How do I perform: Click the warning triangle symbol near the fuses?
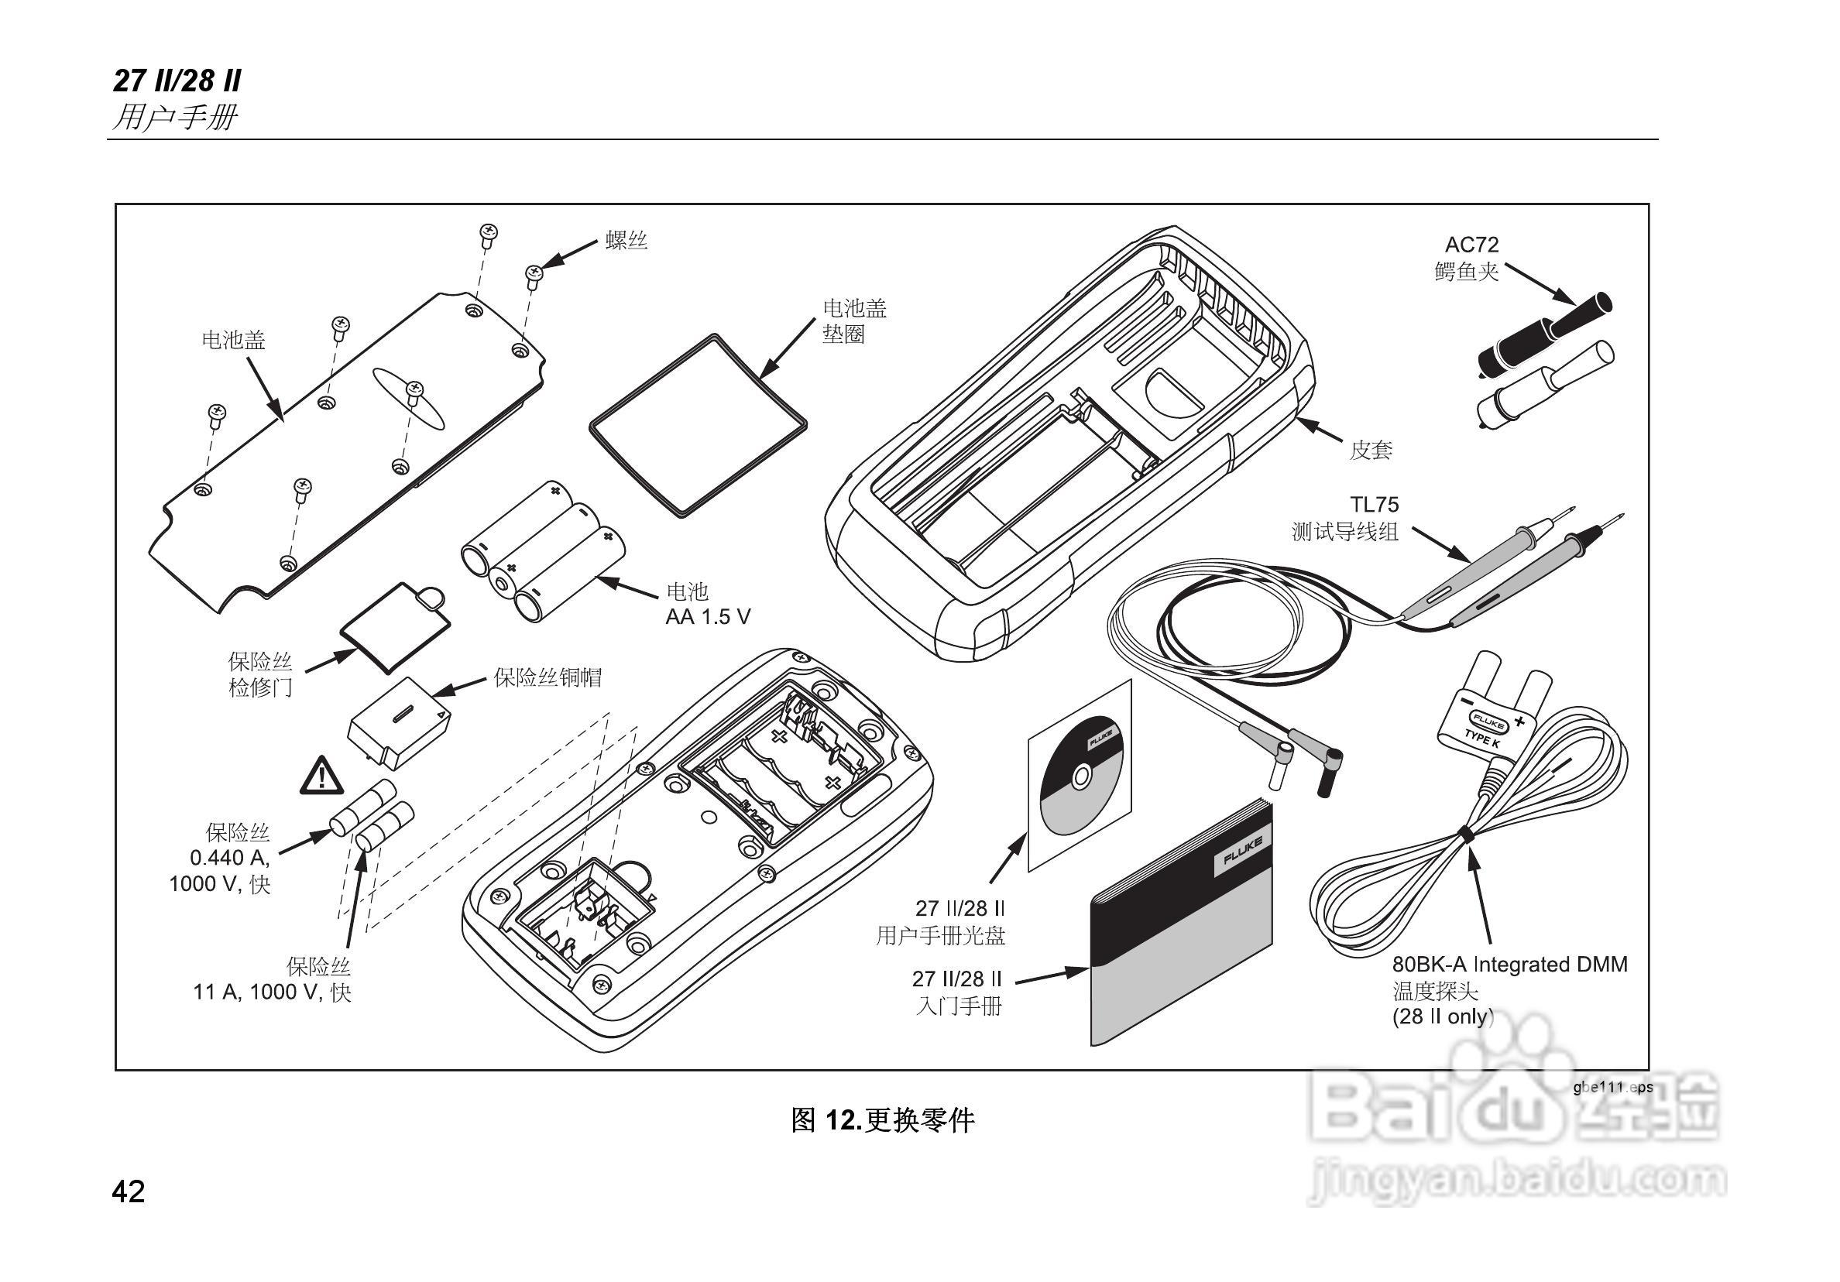coord(321,776)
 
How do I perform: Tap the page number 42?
coord(129,1192)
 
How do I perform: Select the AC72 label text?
coord(1471,245)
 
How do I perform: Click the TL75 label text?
coord(1374,505)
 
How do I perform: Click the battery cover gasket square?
coord(697,425)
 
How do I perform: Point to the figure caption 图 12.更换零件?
coord(882,1119)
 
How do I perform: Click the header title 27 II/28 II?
coord(177,81)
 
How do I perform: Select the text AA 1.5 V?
coord(708,616)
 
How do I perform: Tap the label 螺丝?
coord(626,239)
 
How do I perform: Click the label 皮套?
coord(1371,451)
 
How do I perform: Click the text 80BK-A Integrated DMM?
coord(1510,965)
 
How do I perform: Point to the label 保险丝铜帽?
coord(548,678)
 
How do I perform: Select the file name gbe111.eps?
coord(1612,1087)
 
